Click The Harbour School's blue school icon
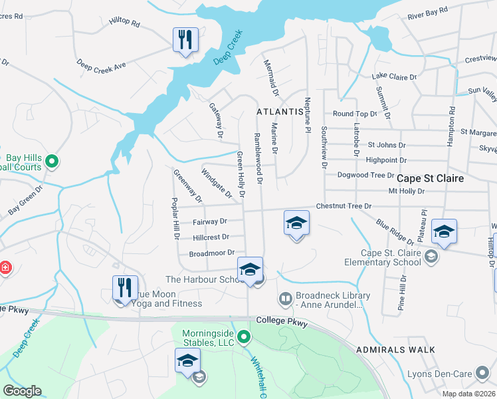[250, 269]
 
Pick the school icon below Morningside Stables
[188, 361]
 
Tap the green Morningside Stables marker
[244, 337]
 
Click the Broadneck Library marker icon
[285, 300]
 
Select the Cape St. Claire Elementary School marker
[431, 257]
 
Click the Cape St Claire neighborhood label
[430, 179]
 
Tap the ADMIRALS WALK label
[395, 349]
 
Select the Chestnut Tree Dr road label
[344, 206]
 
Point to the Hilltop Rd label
[125, 23]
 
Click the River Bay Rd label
[428, 11]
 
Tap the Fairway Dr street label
[209, 221]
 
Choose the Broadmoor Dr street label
[213, 253]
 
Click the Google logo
[22, 391]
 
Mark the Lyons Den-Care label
[460, 375]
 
